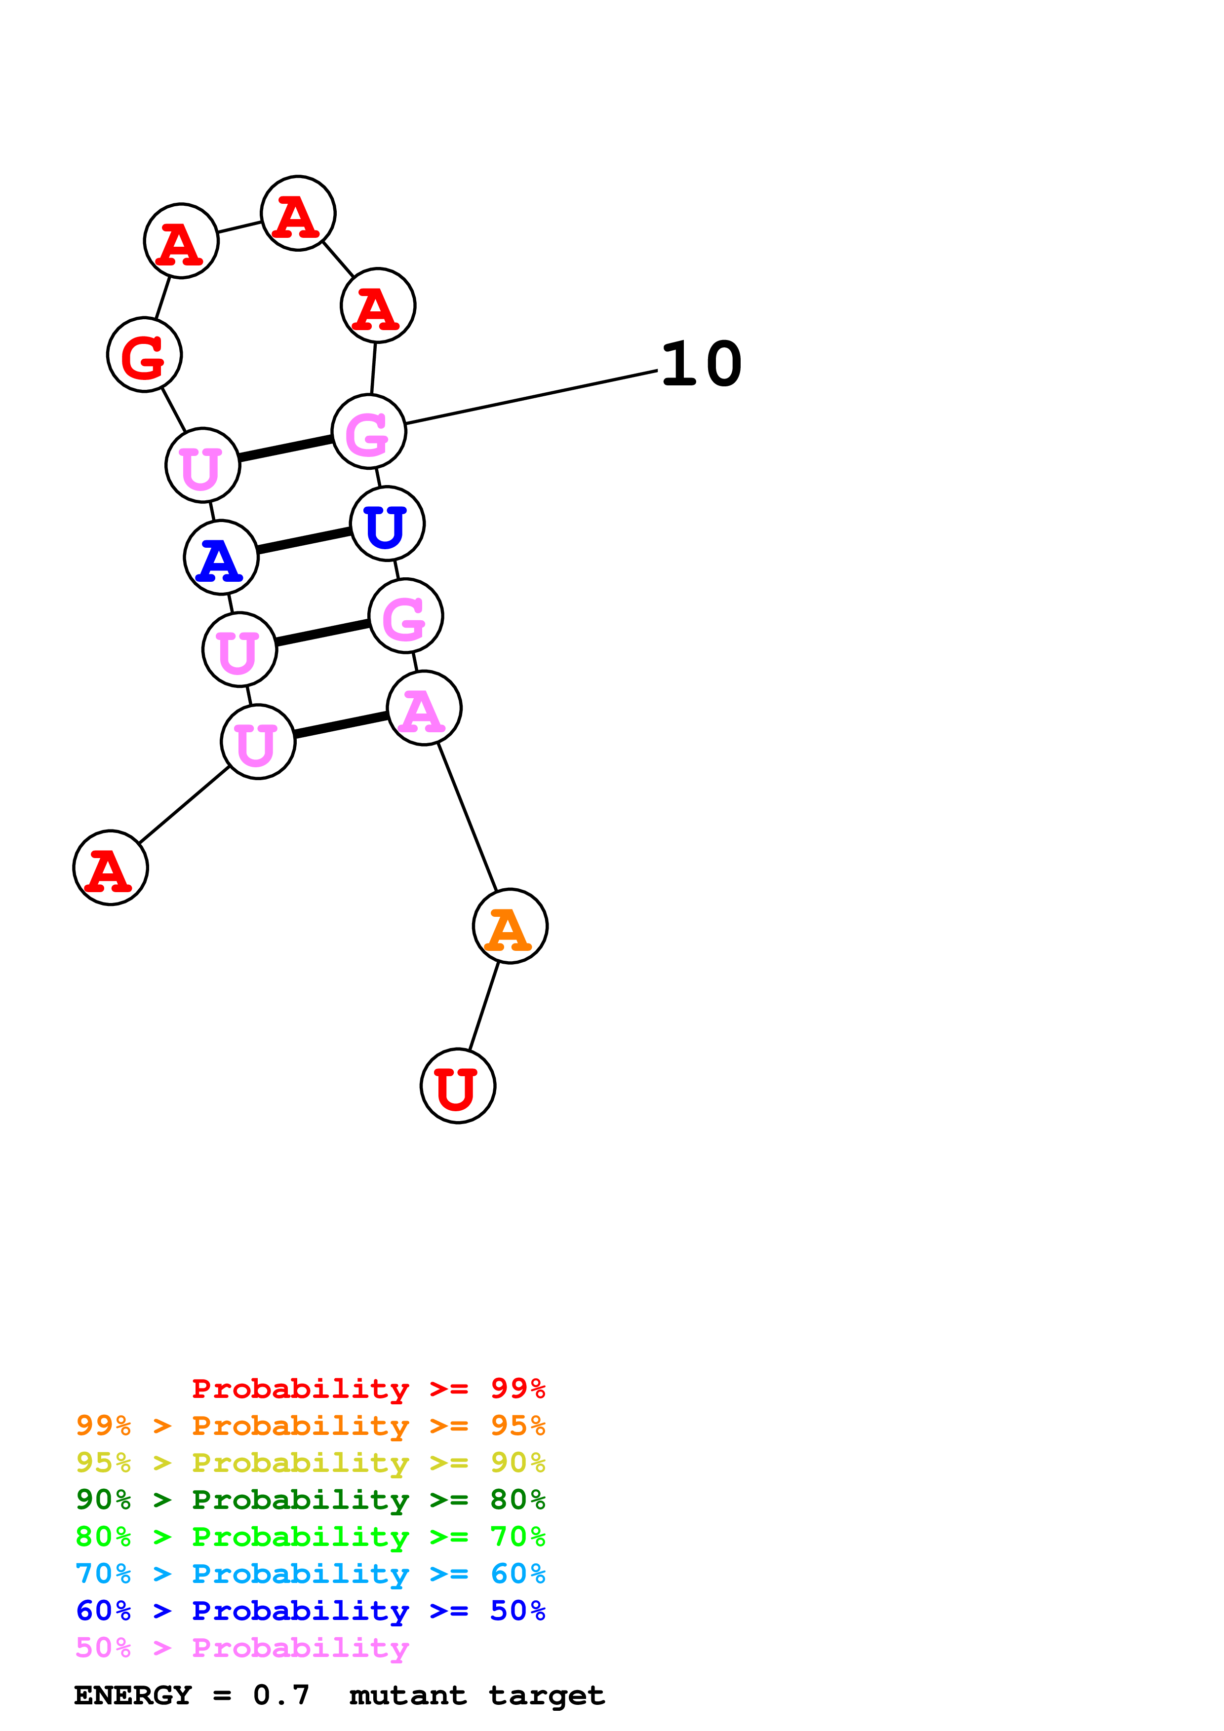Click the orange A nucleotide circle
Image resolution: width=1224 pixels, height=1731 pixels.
pyautogui.click(x=510, y=926)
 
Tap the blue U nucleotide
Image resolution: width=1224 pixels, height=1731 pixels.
pyautogui.click(x=388, y=524)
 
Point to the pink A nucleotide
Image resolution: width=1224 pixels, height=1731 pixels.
pyautogui.click(x=424, y=708)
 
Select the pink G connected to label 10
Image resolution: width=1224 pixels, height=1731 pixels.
pyautogui.click(x=369, y=431)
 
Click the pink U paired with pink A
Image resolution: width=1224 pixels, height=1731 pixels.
pyautogui.click(x=258, y=742)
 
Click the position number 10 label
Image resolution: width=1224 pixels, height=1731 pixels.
pyautogui.click(x=701, y=364)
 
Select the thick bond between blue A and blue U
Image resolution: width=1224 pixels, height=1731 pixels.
pyautogui.click(x=304, y=540)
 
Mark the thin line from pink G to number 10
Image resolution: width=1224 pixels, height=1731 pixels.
pyautogui.click(x=532, y=397)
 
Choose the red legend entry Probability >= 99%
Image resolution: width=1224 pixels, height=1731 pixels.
pyautogui.click(x=368, y=1388)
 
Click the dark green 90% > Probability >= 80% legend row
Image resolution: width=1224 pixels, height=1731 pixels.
pyautogui.click(x=310, y=1500)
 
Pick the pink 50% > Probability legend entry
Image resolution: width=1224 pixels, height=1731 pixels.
pyautogui.click(x=242, y=1648)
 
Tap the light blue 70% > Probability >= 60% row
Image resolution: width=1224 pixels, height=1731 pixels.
pyautogui.click(x=310, y=1574)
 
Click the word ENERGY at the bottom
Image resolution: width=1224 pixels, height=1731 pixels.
pyautogui.click(x=133, y=1695)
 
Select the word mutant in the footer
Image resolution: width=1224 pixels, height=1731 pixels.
pyautogui.click(x=407, y=1695)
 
